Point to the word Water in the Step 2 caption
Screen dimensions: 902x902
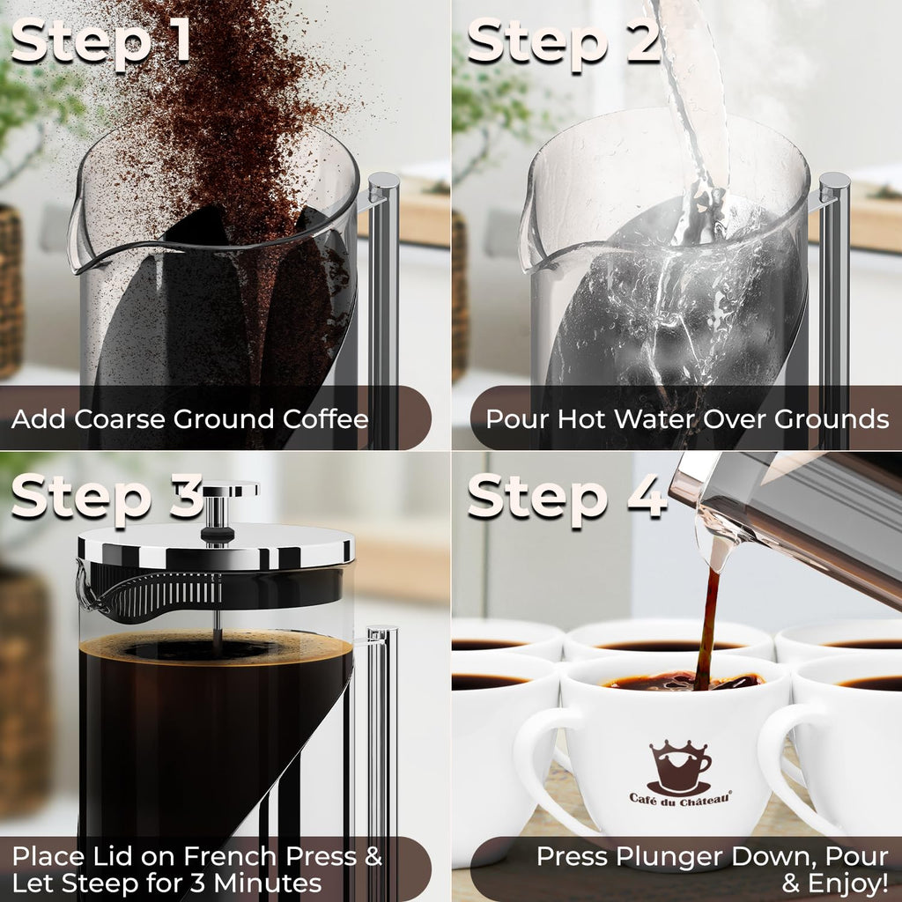coord(655,418)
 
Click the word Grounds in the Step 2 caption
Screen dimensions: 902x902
coord(832,418)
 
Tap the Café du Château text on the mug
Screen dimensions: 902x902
coord(679,799)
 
